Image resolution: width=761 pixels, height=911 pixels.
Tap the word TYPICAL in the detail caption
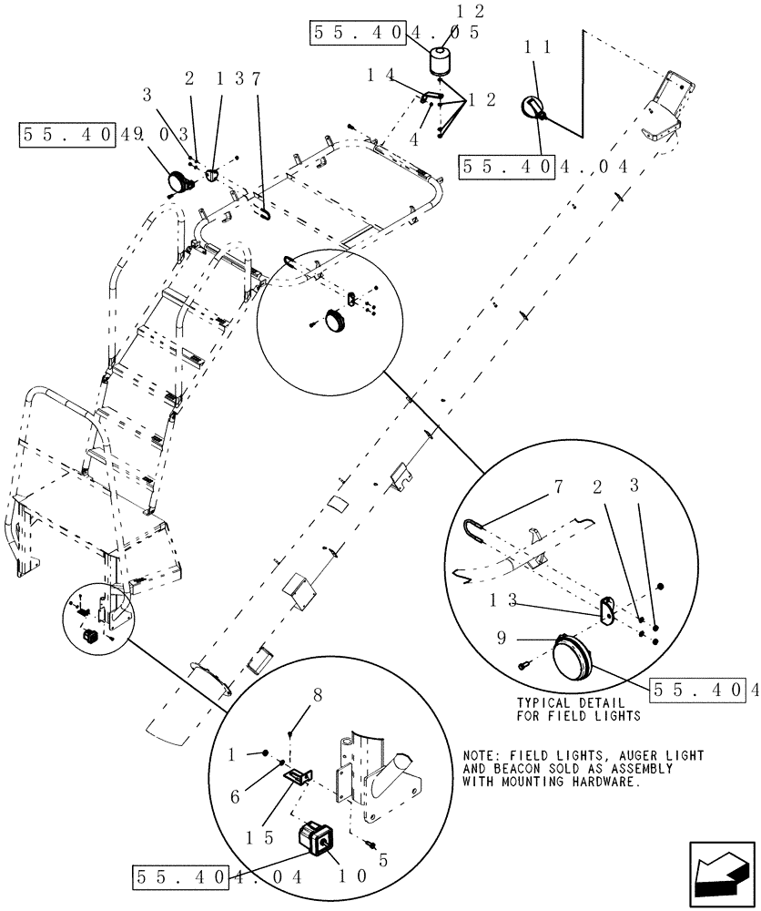(x=543, y=703)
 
